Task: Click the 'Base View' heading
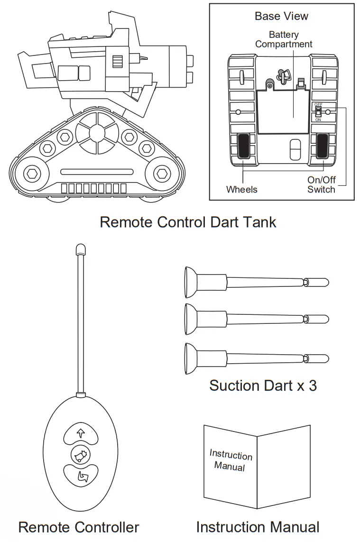281,16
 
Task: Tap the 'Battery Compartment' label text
284,39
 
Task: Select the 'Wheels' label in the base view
241,190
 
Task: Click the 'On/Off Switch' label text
321,185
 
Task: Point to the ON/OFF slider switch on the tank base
318,111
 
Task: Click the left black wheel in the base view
243,146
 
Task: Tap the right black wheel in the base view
323,146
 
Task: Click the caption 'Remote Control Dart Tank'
188,222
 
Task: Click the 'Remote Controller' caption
79,527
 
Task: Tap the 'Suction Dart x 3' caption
263,385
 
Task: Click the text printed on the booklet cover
231,459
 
